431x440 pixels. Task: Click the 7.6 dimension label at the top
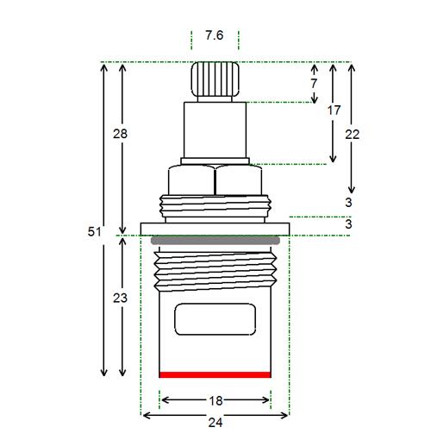click(x=215, y=35)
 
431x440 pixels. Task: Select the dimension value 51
click(x=95, y=231)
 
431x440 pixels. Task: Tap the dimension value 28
click(x=120, y=134)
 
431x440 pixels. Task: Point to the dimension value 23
click(x=120, y=298)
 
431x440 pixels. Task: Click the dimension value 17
click(x=334, y=110)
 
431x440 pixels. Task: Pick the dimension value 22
click(x=352, y=135)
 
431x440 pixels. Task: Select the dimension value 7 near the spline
click(x=314, y=84)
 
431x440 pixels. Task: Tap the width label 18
click(x=215, y=401)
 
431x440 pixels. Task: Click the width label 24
click(x=215, y=423)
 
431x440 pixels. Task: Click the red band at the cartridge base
click(x=215, y=374)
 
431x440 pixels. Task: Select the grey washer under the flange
click(x=215, y=241)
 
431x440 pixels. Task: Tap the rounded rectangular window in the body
click(x=215, y=319)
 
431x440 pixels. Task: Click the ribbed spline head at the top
click(x=215, y=79)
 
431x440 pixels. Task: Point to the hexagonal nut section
click(x=215, y=179)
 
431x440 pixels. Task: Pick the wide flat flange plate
click(x=215, y=229)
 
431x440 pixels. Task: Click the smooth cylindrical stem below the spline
click(x=215, y=130)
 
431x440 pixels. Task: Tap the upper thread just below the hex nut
click(x=215, y=206)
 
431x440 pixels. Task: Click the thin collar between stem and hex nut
click(x=215, y=161)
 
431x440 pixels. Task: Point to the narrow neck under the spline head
click(x=215, y=99)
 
